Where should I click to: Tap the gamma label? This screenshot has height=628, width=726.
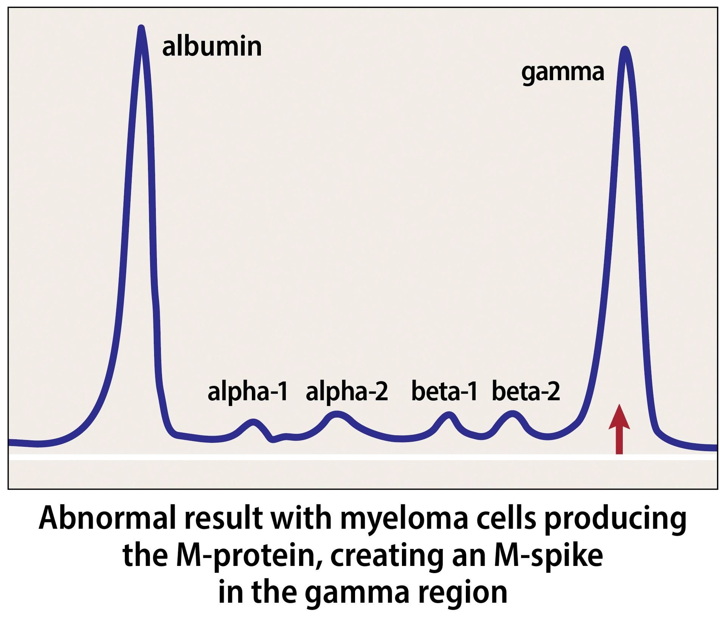(563, 72)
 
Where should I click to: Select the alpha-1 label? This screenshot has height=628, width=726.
(248, 392)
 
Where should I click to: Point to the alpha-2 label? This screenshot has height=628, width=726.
(347, 392)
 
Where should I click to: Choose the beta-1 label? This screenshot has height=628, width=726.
(444, 391)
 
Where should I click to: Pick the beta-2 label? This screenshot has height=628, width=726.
(526, 391)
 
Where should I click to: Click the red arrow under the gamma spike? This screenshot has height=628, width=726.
(619, 429)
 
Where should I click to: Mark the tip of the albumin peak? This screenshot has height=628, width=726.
(141, 27)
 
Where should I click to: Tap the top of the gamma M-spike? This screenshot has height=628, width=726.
(625, 49)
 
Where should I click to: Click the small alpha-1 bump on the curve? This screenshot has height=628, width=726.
(253, 422)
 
